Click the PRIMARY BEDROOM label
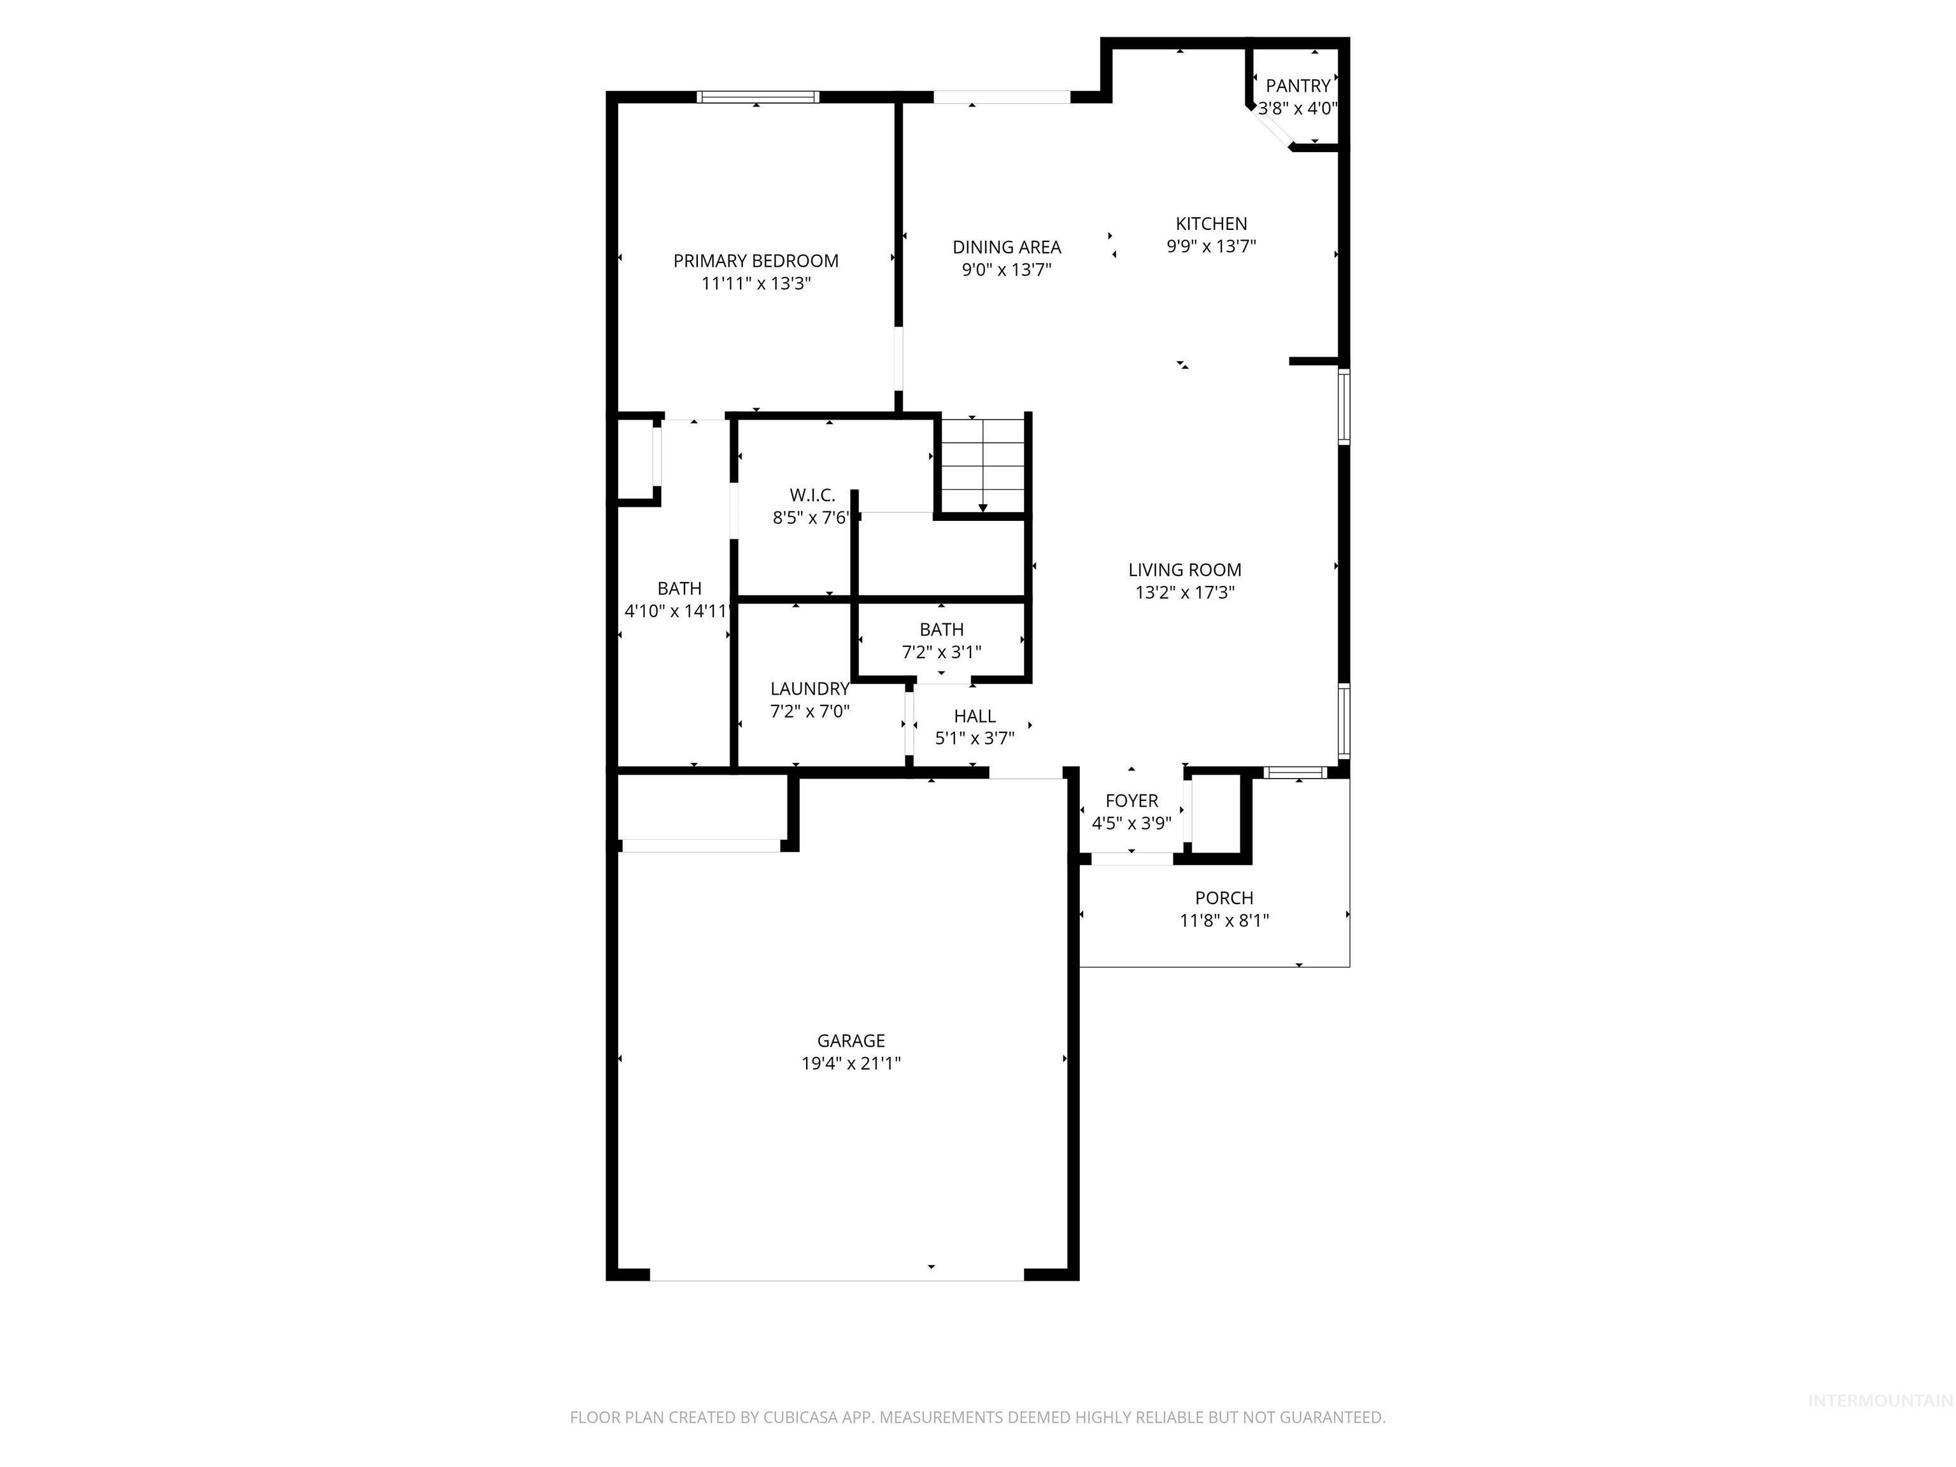[x=755, y=261]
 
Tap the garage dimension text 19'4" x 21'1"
[x=851, y=1063]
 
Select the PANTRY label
[x=1297, y=86]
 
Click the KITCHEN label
[x=1210, y=223]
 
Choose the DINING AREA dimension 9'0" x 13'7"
[x=1006, y=270]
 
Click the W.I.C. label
[x=812, y=495]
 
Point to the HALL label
[x=974, y=716]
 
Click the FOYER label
[x=1131, y=800]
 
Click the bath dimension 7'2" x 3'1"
[x=941, y=653]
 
